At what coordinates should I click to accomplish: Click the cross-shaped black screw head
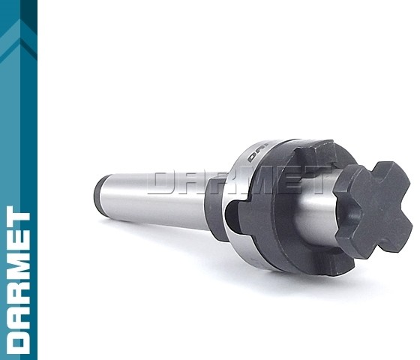tap(373, 207)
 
